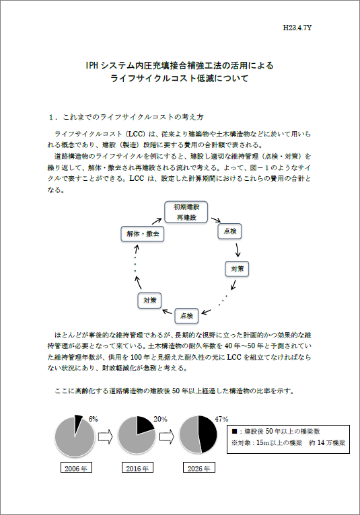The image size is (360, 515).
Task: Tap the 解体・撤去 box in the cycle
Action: [143, 234]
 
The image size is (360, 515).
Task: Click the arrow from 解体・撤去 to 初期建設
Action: [155, 220]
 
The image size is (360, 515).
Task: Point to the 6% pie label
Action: [93, 419]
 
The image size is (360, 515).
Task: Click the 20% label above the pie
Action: [160, 419]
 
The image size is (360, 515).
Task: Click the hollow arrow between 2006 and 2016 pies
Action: [104, 436]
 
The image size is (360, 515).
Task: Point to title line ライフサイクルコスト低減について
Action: [180, 79]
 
